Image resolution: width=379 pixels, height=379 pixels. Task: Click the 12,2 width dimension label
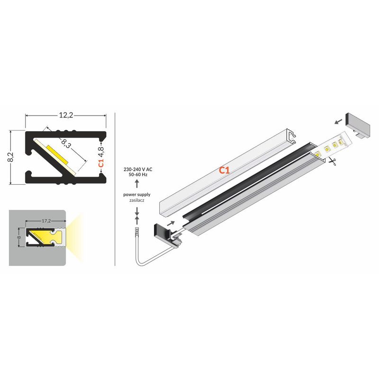pos(66,115)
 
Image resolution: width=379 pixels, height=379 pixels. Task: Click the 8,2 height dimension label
pos(11,157)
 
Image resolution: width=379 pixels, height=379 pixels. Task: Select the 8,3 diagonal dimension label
pos(66,143)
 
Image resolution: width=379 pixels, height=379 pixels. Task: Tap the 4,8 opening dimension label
pos(101,152)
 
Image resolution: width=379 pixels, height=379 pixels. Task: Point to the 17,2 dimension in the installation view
pos(46,221)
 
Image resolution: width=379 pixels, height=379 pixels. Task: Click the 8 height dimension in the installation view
pos(19,237)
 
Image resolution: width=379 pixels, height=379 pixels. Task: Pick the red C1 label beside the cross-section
pos(101,163)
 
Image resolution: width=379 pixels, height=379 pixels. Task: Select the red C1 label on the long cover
pos(224,171)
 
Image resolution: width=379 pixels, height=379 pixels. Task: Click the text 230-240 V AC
pos(138,170)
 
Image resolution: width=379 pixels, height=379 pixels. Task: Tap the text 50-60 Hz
pos(138,174)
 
